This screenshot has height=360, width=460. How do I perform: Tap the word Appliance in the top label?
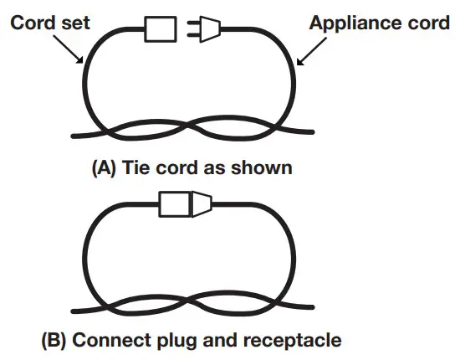point(355,22)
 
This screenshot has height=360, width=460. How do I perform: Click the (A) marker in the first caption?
point(104,167)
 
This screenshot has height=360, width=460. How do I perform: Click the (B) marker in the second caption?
point(54,342)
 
